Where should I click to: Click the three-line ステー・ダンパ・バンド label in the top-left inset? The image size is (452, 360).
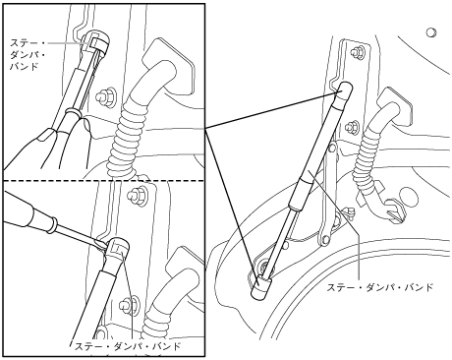tap(27, 54)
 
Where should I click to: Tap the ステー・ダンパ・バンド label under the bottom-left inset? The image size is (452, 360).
tap(128, 346)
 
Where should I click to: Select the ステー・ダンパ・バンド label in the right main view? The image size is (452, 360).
tap(380, 287)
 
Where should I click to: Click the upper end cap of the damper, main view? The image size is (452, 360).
tap(345, 90)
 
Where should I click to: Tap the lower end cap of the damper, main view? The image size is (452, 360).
tap(261, 288)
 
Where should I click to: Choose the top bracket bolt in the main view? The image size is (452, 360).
tap(358, 52)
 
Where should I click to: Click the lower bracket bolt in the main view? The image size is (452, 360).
tap(353, 125)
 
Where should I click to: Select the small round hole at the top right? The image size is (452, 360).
tap(431, 32)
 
